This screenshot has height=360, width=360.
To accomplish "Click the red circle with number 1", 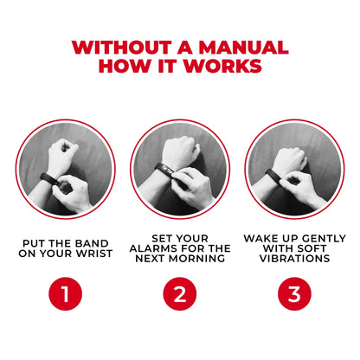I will point(65,294).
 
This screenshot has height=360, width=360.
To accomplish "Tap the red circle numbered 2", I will point(179,294).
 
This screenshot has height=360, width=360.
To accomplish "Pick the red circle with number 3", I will point(294,294).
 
